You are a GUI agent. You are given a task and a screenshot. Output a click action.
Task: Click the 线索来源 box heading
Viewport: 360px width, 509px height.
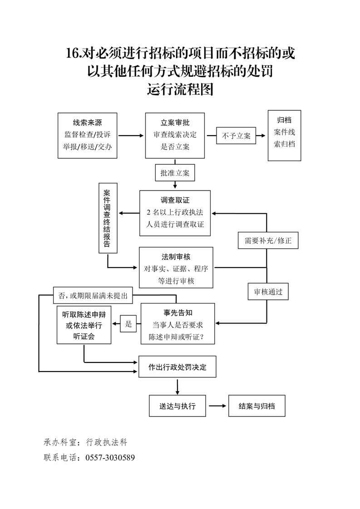pyautogui.click(x=88, y=122)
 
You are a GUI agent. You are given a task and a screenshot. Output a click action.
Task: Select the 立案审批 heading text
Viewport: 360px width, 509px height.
pyautogui.click(x=175, y=122)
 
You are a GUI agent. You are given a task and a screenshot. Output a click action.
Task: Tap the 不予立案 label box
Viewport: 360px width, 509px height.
pyautogui.click(x=236, y=136)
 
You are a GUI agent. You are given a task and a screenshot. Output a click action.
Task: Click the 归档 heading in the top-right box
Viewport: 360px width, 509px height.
pyautogui.click(x=284, y=120)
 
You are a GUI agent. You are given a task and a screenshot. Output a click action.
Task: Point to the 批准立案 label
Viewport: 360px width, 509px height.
pyautogui.click(x=175, y=173)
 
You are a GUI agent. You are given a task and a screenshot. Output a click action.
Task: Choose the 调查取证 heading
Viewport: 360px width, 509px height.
pyautogui.click(x=175, y=200)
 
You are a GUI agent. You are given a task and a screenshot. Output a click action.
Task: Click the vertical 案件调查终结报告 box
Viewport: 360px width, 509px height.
pyautogui.click(x=108, y=218)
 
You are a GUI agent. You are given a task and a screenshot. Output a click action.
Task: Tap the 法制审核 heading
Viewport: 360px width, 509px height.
pyautogui.click(x=176, y=257)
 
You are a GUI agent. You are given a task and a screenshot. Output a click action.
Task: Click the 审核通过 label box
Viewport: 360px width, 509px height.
pyautogui.click(x=268, y=292)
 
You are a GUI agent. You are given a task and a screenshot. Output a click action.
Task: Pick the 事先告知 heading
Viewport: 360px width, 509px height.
pyautogui.click(x=178, y=313)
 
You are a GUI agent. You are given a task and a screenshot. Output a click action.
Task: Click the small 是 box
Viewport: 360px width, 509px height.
pyautogui.click(x=128, y=324)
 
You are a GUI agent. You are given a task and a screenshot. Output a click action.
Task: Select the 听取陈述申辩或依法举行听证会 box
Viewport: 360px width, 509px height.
pyautogui.click(x=84, y=326)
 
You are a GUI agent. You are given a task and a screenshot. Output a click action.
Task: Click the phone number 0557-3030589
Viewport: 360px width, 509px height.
pyautogui.click(x=110, y=457)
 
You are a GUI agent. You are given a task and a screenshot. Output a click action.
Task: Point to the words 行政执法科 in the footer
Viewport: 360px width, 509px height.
pyautogui.click(x=108, y=442)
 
